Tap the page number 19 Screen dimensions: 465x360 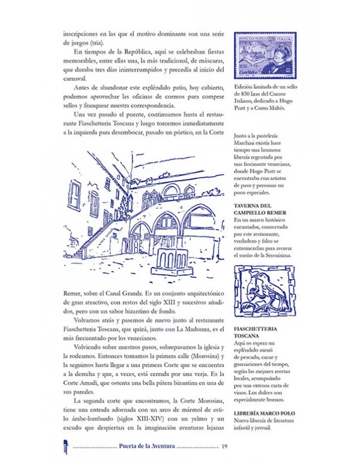click(224, 446)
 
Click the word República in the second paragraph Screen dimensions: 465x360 click(139, 54)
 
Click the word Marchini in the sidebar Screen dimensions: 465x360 click(246, 151)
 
